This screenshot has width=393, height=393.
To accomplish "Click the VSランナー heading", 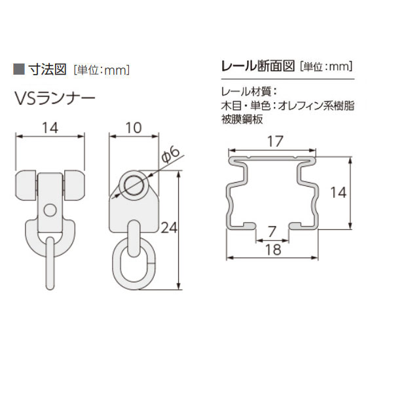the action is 55,98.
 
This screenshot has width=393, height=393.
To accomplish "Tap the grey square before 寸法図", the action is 19,69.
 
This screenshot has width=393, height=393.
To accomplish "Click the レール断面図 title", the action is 258,66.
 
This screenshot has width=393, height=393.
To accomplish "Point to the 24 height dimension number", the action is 169,228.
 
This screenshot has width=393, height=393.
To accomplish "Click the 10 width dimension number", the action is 134,128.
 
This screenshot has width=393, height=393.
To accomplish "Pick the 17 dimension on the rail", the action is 275,141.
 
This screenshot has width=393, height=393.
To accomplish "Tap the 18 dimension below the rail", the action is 273,250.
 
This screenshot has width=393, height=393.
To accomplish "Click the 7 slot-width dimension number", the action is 272,232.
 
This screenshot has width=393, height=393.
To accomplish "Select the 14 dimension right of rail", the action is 339,193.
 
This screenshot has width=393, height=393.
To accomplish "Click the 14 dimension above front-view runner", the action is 50,128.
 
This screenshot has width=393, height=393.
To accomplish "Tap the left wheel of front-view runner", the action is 26,185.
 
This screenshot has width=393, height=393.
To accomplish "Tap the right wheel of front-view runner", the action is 75,185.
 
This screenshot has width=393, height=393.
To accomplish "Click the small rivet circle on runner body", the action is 50,210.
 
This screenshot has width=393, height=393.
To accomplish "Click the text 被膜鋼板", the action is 242,119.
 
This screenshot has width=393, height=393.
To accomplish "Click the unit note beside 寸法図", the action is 102,70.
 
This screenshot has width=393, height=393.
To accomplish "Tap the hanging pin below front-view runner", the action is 50,263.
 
